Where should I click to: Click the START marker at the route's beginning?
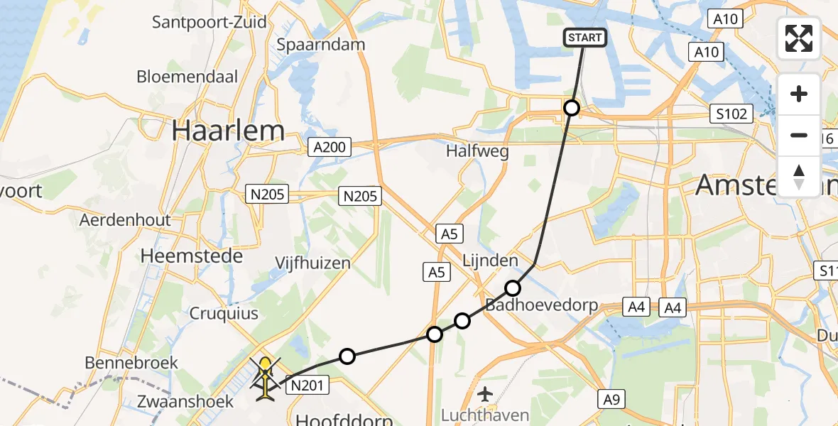pos(585,38)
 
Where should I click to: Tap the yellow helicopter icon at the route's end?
pos(265,376)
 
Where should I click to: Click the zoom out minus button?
pos(799,135)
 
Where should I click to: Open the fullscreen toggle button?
pos(799,38)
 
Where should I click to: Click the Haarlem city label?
pos(227,131)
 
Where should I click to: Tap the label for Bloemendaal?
pos(187,77)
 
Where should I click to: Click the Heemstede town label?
pos(192,256)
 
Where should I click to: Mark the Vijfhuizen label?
pos(313,263)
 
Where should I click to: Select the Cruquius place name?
pos(223,313)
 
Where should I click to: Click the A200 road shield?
pos(330,147)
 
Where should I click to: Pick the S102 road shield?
pos(731,114)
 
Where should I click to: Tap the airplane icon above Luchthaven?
pos(486,393)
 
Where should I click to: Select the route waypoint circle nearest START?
pos(572,108)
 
